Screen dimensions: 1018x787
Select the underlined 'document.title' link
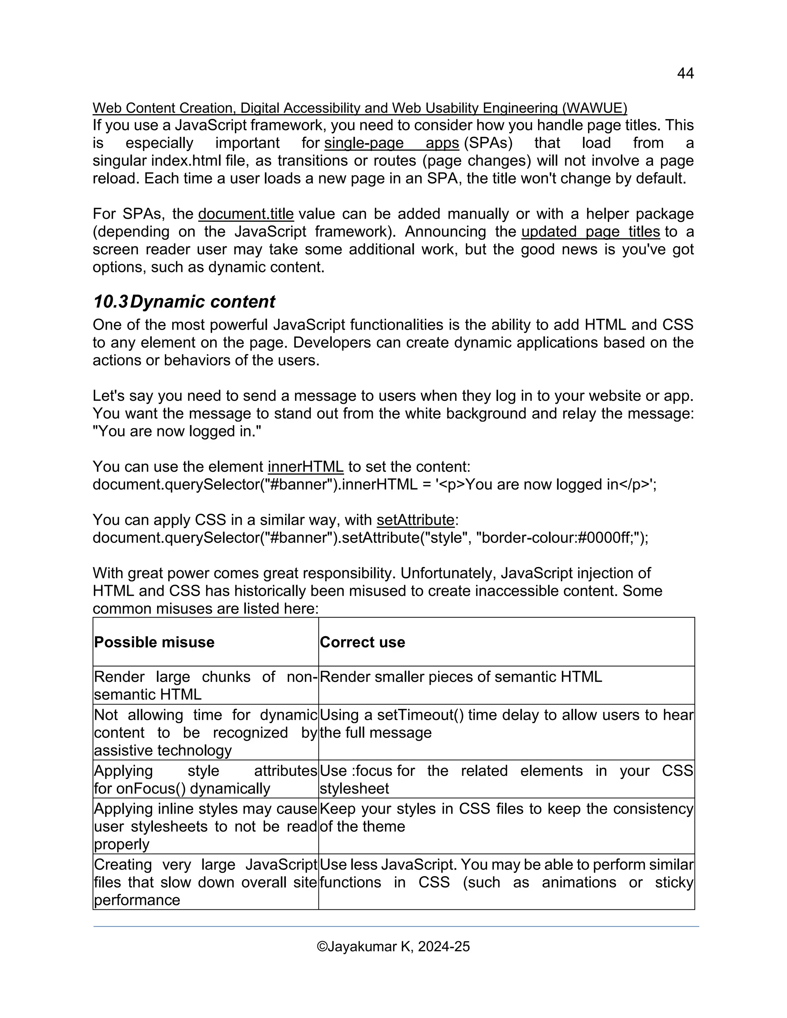coord(246,214)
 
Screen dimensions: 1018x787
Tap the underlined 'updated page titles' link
coord(590,232)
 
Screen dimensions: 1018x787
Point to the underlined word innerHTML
coord(306,467)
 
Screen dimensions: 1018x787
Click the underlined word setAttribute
coord(415,520)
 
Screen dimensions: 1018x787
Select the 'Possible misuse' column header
coord(154,642)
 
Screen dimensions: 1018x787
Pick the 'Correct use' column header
coord(362,642)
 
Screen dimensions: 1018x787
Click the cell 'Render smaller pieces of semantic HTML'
coord(461,677)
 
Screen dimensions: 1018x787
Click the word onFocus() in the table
coord(151,789)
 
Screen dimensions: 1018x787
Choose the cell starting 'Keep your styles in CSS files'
coord(506,817)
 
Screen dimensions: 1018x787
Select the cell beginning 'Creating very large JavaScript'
coord(205,882)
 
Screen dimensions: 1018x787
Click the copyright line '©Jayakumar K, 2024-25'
coord(393,947)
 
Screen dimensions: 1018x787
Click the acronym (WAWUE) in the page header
coord(594,108)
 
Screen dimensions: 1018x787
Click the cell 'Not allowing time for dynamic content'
coord(205,733)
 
